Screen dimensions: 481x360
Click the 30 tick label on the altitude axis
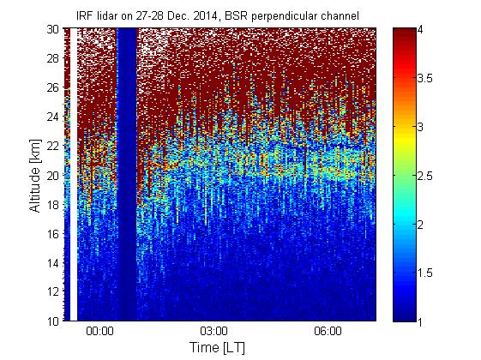pos(53,29)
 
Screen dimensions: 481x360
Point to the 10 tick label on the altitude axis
pos(53,321)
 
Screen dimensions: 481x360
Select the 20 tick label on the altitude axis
pos(53,175)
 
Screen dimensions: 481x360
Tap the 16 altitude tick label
pos(53,234)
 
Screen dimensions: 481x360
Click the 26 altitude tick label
pos(53,87)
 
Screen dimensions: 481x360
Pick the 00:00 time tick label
pos(99,332)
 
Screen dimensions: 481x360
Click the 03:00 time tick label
pos(213,332)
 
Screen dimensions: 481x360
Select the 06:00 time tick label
pos(328,332)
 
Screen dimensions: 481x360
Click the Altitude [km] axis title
pos(35,176)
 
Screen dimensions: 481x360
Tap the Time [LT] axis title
pos(217,348)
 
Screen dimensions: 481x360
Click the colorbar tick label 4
pos(421,30)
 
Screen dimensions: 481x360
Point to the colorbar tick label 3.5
pos(425,79)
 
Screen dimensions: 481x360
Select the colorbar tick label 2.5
pos(425,176)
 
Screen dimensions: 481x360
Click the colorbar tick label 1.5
pos(425,273)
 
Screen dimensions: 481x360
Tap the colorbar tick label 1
pos(420,321)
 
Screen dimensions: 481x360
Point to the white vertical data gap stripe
pos(74,175)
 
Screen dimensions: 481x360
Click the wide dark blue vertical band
pos(127,175)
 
